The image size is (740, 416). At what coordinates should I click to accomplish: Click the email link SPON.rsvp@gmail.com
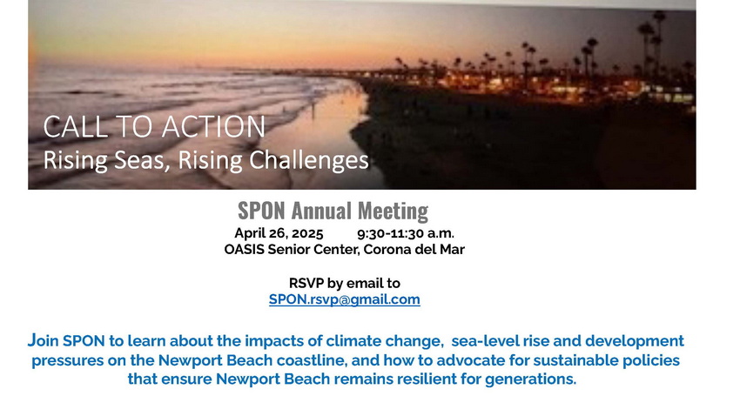point(345,299)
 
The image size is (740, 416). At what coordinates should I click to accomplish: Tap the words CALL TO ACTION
point(154,127)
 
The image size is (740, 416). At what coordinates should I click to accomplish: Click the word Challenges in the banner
point(309,160)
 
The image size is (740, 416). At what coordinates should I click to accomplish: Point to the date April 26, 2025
point(279,233)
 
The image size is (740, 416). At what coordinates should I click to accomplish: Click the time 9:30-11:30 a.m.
point(406,233)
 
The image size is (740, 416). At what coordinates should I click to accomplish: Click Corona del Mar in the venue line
point(414,249)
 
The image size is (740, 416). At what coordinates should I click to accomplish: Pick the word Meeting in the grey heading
point(394,211)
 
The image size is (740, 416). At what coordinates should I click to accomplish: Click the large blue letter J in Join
point(31,339)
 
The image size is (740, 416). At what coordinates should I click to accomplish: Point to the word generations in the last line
point(530,379)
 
